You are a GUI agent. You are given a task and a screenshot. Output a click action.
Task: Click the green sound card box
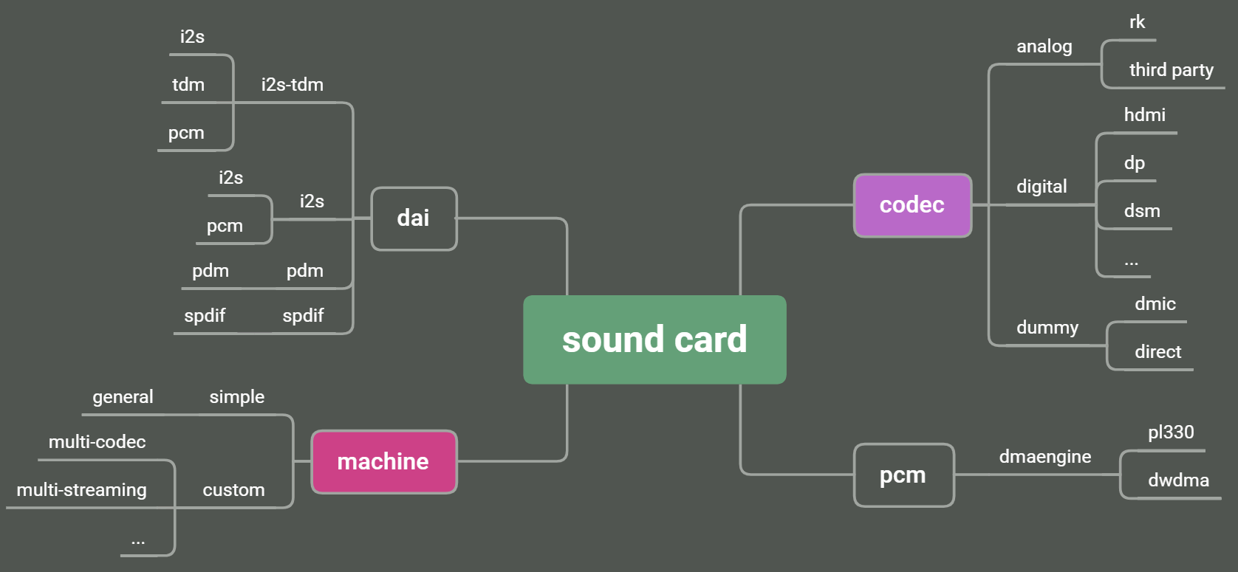pyautogui.click(x=654, y=340)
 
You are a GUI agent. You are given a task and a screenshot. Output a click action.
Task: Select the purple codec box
pyautogui.click(x=912, y=205)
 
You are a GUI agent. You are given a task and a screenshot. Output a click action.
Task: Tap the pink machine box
pyautogui.click(x=383, y=462)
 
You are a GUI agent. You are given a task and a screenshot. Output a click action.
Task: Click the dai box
pyautogui.click(x=414, y=218)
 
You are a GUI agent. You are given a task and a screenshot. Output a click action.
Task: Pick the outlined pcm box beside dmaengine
pyautogui.click(x=903, y=475)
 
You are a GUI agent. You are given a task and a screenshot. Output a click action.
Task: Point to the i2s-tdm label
pyautogui.click(x=293, y=85)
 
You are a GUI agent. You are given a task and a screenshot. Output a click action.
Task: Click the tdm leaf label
pyautogui.click(x=188, y=85)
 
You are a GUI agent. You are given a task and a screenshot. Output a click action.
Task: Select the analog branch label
pyautogui.click(x=1044, y=46)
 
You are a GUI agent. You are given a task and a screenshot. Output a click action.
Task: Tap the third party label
pyautogui.click(x=1171, y=70)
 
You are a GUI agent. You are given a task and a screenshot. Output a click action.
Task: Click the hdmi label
pyautogui.click(x=1144, y=115)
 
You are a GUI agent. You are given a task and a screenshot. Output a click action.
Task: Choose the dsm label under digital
pyautogui.click(x=1142, y=211)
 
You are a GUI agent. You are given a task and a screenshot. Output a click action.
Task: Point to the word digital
pyautogui.click(x=1042, y=187)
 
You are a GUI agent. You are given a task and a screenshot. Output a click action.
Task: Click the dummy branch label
pyautogui.click(x=1047, y=328)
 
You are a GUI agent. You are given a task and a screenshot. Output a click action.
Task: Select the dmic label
pyautogui.click(x=1155, y=304)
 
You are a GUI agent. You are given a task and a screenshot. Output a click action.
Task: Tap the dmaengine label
pyautogui.click(x=1044, y=457)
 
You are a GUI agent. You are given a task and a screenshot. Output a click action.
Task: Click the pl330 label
pyautogui.click(x=1171, y=433)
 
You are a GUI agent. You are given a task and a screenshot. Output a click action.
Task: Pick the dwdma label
pyautogui.click(x=1178, y=480)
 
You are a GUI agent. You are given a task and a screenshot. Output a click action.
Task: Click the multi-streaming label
pyautogui.click(x=81, y=490)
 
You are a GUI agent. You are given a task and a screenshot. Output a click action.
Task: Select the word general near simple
pyautogui.click(x=123, y=397)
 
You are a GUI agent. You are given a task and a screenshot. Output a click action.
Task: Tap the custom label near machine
pyautogui.click(x=233, y=490)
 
